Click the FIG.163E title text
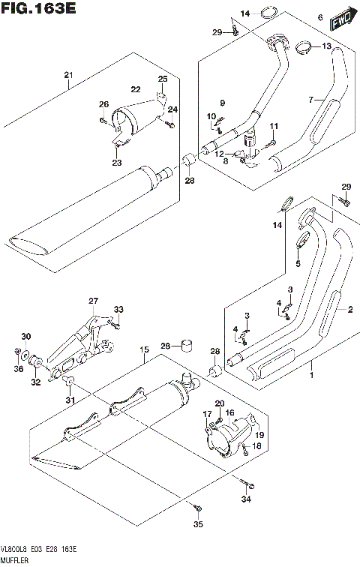[39, 10]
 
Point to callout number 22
[136, 89]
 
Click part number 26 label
[103, 104]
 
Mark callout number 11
[274, 125]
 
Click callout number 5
[297, 264]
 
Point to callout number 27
[93, 301]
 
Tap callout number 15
[142, 349]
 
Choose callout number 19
[259, 433]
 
